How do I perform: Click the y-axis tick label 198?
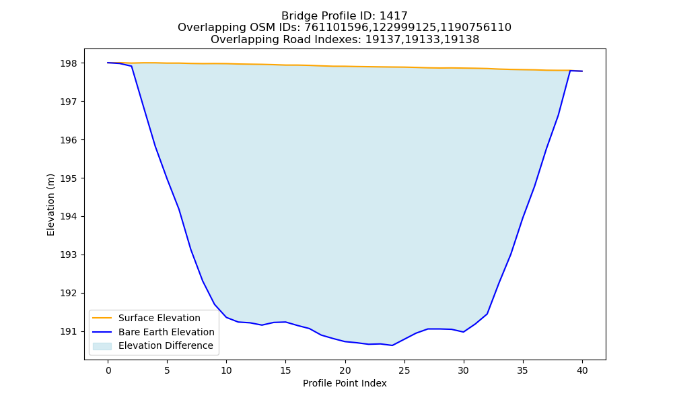pyautogui.click(x=68, y=63)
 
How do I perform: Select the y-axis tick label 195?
pyautogui.click(x=68, y=178)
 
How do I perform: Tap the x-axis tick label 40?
pyautogui.click(x=582, y=370)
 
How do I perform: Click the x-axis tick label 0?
pyautogui.click(x=108, y=370)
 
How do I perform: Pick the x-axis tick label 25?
pyautogui.click(x=404, y=370)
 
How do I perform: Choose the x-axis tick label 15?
pyautogui.click(x=285, y=370)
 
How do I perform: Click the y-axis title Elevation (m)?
pyautogui.click(x=50, y=205)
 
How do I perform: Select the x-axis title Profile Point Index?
pyautogui.click(x=345, y=383)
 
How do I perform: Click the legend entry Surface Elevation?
pyautogui.click(x=160, y=318)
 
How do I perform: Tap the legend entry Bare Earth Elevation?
pyautogui.click(x=166, y=332)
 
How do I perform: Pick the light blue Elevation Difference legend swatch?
pyautogui.click(x=102, y=346)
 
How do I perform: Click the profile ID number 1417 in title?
pyautogui.click(x=394, y=16)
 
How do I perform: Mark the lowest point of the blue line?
pyautogui.click(x=392, y=345)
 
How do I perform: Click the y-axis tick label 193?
pyautogui.click(x=68, y=255)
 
